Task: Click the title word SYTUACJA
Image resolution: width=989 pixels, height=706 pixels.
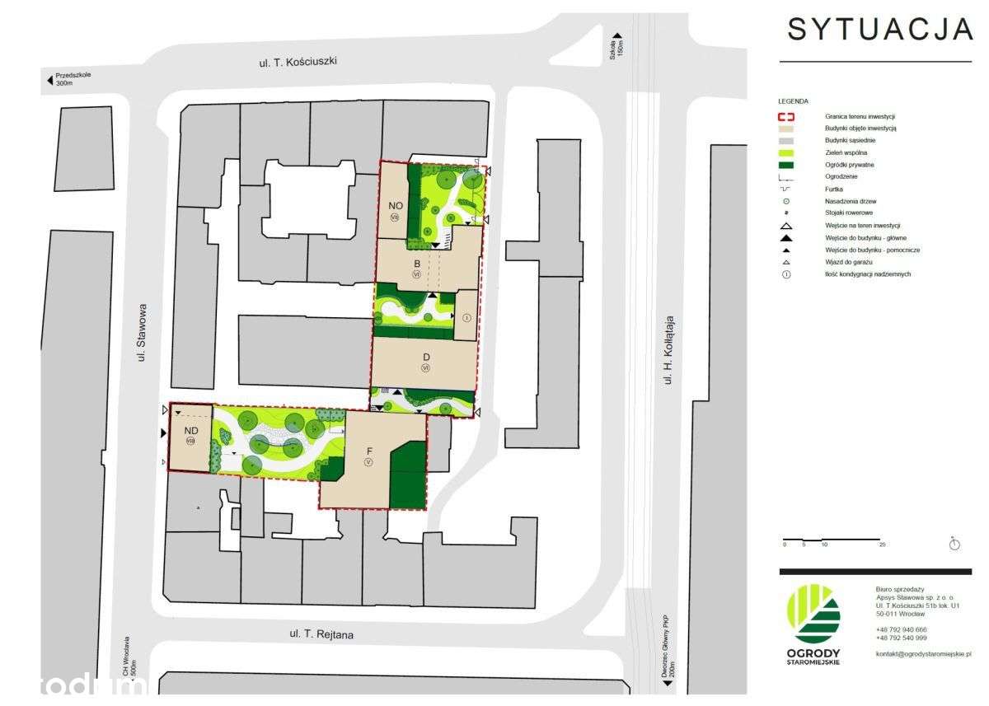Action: tap(880, 29)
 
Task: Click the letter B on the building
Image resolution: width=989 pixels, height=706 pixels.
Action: tap(417, 263)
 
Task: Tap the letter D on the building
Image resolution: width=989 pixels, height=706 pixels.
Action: tap(425, 357)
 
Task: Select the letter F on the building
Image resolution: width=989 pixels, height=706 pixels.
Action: tap(369, 451)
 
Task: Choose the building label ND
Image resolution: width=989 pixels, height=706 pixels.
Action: tap(191, 430)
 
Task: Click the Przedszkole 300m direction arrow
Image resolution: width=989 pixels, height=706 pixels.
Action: tap(50, 80)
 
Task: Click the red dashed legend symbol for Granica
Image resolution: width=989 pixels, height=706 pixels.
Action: tap(786, 117)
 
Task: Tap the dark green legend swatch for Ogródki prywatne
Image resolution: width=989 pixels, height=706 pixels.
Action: tap(786, 165)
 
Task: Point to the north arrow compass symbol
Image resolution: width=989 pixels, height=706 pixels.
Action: tap(954, 544)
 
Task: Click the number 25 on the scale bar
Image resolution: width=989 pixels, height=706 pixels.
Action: tap(881, 545)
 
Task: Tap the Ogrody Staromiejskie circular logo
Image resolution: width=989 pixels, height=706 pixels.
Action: tap(814, 614)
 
